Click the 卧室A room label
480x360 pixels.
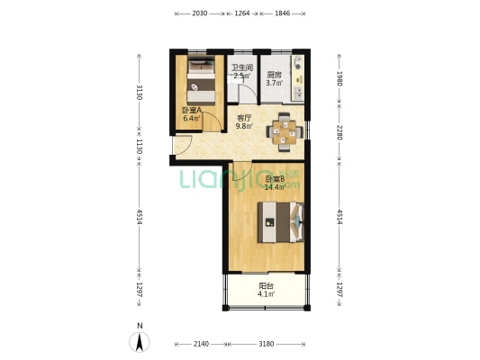[x=192, y=112]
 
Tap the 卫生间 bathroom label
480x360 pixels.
[x=241, y=67]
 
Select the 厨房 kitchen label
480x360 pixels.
[x=275, y=76]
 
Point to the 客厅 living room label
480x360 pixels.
[x=243, y=118]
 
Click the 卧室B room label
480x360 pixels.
[x=275, y=179]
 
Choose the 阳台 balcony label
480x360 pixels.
[x=266, y=286]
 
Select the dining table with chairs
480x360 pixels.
[x=284, y=132]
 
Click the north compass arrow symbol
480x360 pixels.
[x=139, y=341]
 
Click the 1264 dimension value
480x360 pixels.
[x=242, y=13]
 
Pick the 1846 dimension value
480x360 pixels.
[x=282, y=13]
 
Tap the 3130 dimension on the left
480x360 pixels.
[x=140, y=92]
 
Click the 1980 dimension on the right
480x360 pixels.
[x=340, y=78]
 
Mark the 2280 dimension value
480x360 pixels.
[x=340, y=131]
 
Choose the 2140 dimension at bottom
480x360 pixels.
[x=201, y=344]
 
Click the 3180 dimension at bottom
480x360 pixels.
[x=267, y=344]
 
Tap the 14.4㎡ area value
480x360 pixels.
[x=276, y=188]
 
